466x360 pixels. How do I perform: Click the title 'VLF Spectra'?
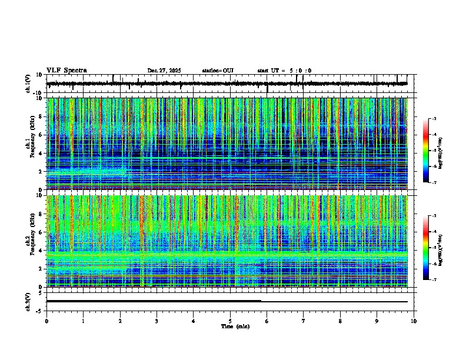66,70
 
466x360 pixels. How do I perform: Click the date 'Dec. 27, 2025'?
164,71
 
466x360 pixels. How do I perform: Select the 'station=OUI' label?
218,71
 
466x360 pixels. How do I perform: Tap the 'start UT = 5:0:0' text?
284,71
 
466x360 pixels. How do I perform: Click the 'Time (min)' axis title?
235,326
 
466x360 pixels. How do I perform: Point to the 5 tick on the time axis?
230,321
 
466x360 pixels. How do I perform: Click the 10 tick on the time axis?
414,321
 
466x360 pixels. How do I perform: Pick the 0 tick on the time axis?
46,321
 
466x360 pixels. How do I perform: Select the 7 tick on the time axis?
304,321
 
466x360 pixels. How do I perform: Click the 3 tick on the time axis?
157,321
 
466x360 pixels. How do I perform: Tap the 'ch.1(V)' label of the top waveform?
28,84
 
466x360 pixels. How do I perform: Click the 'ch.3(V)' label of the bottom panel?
28,301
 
